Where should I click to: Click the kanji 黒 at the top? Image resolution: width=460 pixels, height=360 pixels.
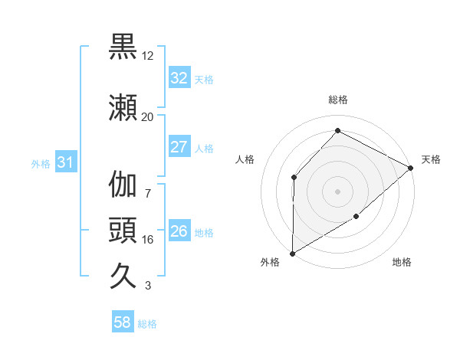pyautogui.click(x=123, y=47)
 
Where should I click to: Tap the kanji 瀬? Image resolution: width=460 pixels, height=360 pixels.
pyautogui.click(x=123, y=106)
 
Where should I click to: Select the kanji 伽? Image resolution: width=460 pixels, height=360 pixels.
pyautogui.click(x=123, y=185)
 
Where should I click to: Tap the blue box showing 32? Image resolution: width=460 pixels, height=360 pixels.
pyautogui.click(x=179, y=78)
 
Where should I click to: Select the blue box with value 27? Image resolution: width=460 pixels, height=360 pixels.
pyautogui.click(x=179, y=147)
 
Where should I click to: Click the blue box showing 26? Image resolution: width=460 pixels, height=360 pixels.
pyautogui.click(x=179, y=231)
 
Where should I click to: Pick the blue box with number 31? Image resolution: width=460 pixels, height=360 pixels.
pyautogui.click(x=65, y=162)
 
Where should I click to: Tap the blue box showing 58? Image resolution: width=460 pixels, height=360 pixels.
pyautogui.click(x=123, y=322)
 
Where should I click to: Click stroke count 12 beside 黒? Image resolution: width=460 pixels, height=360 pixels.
pyautogui.click(x=147, y=57)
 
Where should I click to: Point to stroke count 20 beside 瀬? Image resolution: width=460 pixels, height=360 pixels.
pyautogui.click(x=147, y=116)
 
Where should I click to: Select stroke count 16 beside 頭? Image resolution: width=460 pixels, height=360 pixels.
pyautogui.click(x=147, y=240)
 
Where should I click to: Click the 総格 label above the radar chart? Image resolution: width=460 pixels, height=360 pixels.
pyautogui.click(x=337, y=100)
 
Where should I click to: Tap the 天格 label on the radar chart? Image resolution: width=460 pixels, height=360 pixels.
pyautogui.click(x=431, y=159)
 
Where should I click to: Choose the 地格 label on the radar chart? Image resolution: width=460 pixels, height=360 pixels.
pyautogui.click(x=402, y=263)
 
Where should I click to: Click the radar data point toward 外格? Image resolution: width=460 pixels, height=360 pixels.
pyautogui.click(x=292, y=254)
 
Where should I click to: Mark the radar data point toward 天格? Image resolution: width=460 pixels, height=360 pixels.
pyautogui.click(x=411, y=168)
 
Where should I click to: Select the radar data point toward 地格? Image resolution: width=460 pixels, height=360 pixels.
pyautogui.click(x=356, y=218)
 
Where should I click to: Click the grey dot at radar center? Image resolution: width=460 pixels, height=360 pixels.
pyautogui.click(x=337, y=191)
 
